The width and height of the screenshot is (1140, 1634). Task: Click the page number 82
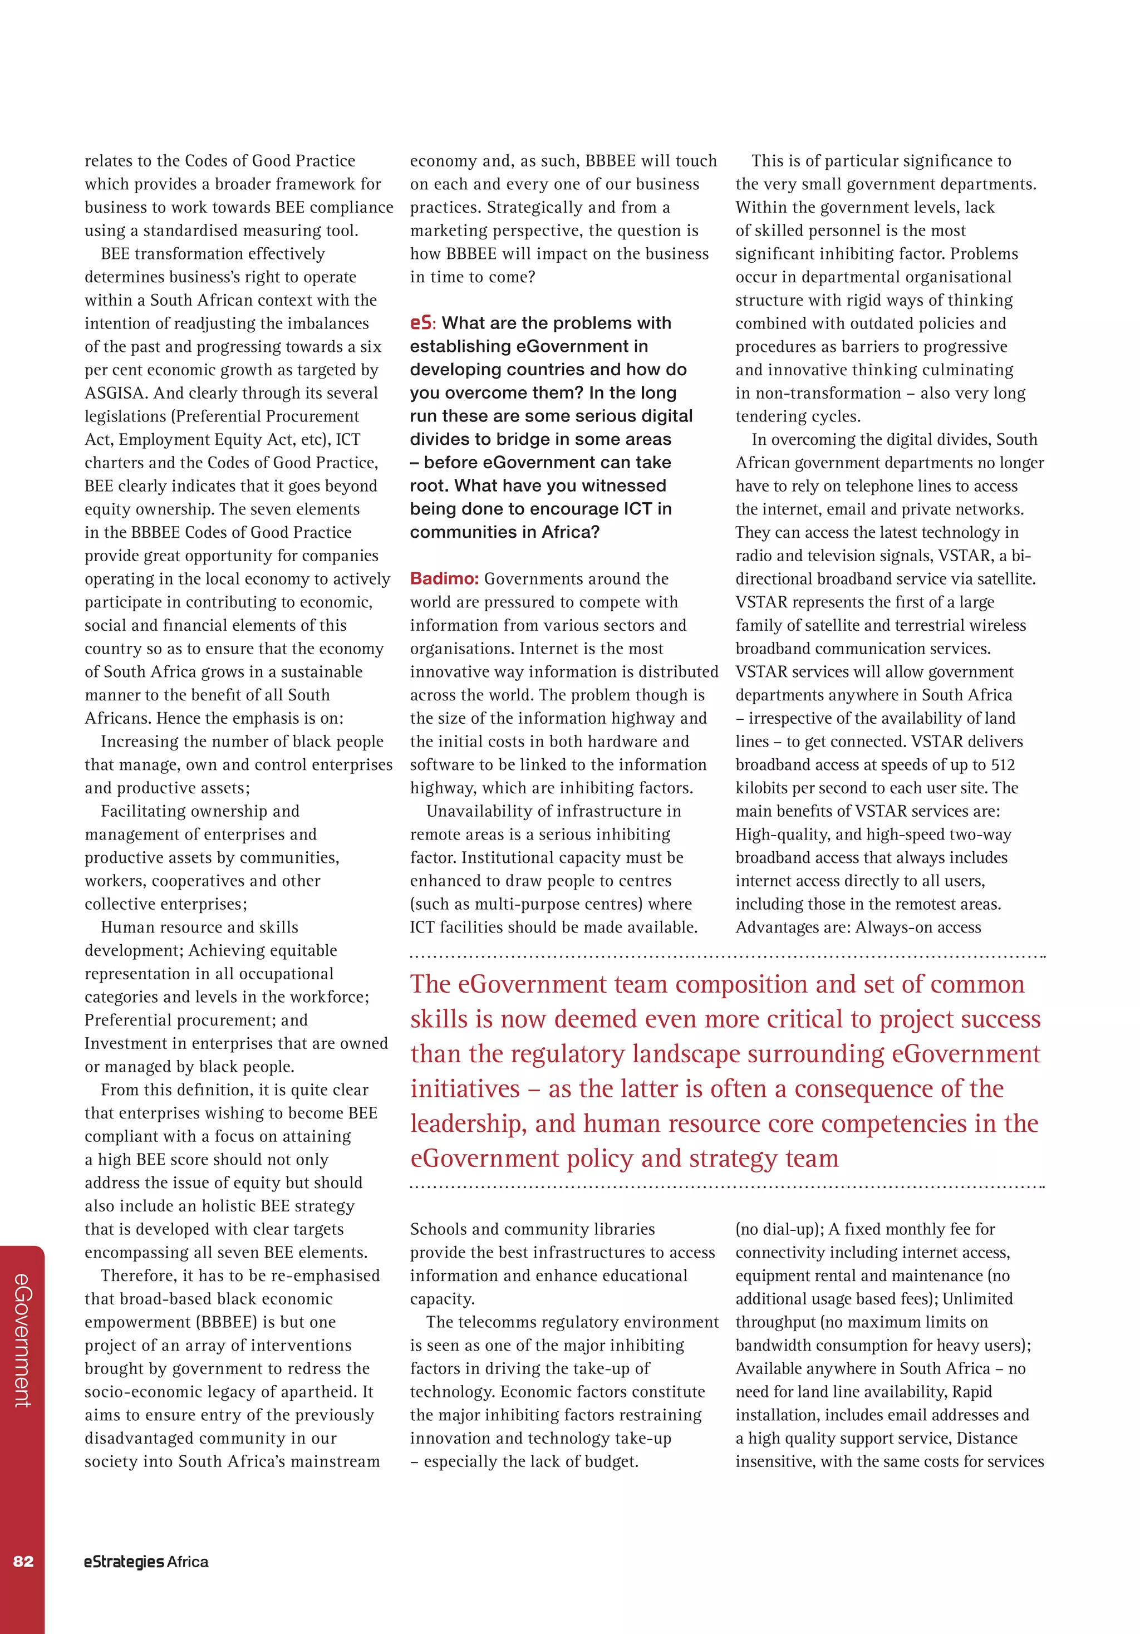pyautogui.click(x=23, y=1562)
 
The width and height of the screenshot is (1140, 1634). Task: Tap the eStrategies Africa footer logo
pyautogui.click(x=146, y=1562)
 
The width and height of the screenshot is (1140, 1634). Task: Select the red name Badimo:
pyautogui.click(x=444, y=578)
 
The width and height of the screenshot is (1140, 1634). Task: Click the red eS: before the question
pyautogui.click(x=421, y=323)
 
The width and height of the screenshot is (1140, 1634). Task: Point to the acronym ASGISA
pyautogui.click(x=115, y=393)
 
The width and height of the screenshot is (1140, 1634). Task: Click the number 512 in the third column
pyautogui.click(x=1002, y=764)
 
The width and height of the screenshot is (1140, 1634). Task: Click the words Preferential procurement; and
pyautogui.click(x=196, y=1020)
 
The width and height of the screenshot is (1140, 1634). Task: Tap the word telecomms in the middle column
pyautogui.click(x=494, y=1322)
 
